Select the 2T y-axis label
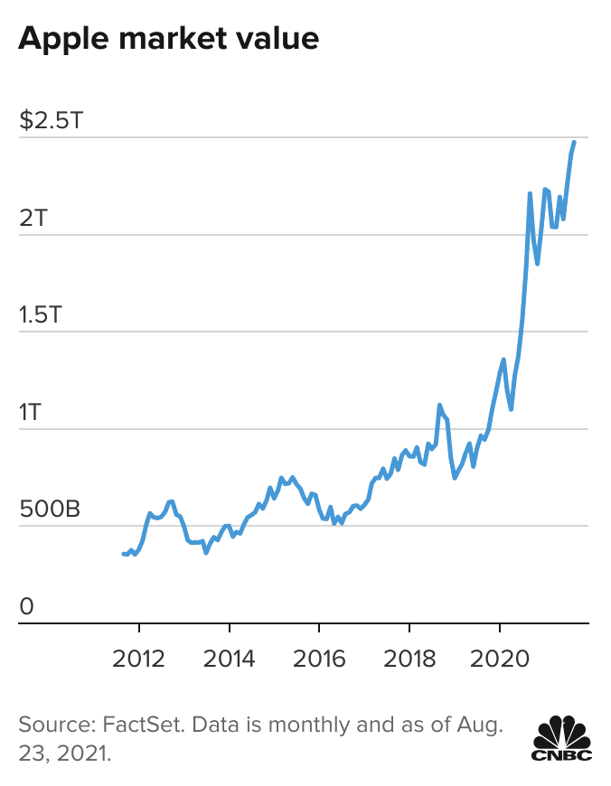[x=33, y=217]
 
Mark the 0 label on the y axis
[x=26, y=606]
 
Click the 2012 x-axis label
[x=139, y=657]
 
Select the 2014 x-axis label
[x=230, y=657]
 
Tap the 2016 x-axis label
[x=319, y=657]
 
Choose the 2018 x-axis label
[x=409, y=657]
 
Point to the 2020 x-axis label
[x=500, y=657]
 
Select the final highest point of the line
[x=574, y=142]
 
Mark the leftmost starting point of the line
[x=124, y=554]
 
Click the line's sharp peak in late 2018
[x=439, y=405]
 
